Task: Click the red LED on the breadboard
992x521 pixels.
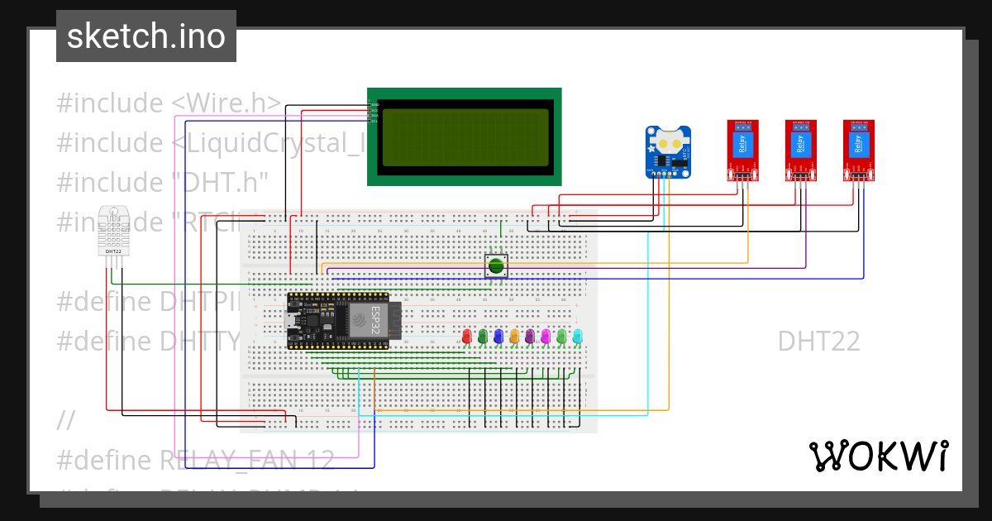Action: point(466,336)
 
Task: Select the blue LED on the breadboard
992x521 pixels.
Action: point(498,336)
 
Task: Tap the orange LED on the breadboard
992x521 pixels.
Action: point(514,336)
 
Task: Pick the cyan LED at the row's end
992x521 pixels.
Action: point(577,336)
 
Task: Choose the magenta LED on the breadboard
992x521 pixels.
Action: point(546,336)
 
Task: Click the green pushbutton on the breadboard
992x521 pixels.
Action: point(495,265)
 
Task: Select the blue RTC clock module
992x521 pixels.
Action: point(668,152)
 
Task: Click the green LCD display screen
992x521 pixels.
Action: point(464,136)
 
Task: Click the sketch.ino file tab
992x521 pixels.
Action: point(146,36)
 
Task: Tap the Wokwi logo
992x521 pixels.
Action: point(878,456)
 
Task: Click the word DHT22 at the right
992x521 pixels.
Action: point(818,341)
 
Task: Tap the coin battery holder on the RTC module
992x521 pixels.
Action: point(667,142)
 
